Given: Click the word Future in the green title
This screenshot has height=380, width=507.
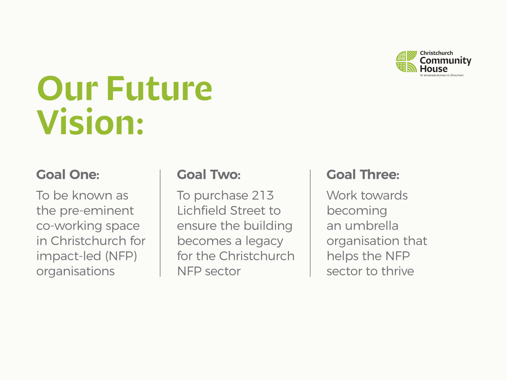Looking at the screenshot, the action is [159, 88].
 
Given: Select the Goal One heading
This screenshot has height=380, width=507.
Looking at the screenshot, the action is [68, 175].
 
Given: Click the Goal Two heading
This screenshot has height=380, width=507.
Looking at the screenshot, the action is [209, 175].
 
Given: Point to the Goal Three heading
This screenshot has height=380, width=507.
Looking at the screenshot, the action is [363, 175].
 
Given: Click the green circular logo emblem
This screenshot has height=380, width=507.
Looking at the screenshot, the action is [406, 61].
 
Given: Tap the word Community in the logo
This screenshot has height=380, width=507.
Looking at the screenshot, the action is [445, 61].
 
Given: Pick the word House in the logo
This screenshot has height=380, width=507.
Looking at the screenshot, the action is [434, 69].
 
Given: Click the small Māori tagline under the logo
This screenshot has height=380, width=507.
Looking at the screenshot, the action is [442, 75].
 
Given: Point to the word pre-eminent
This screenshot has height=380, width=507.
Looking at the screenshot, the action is [97, 211].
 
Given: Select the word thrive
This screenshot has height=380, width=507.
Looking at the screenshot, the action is [398, 271].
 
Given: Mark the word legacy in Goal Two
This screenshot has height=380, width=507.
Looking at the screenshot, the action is [264, 241].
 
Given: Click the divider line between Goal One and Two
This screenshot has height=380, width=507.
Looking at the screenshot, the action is [160, 223].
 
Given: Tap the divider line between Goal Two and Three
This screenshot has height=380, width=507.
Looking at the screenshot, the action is [310, 223].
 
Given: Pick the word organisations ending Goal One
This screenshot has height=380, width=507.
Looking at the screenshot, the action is [75, 272].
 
